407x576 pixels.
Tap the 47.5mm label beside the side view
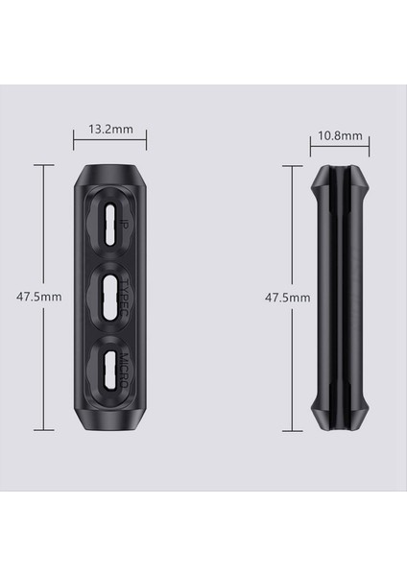click(288, 298)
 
